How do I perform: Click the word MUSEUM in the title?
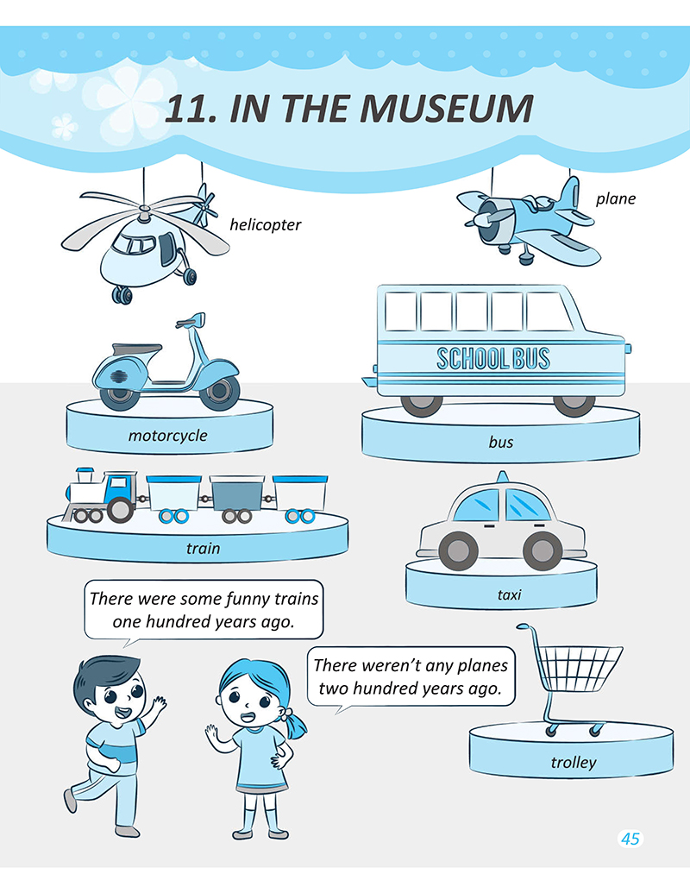[x=447, y=108]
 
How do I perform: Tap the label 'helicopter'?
[x=266, y=225]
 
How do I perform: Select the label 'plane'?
[x=616, y=198]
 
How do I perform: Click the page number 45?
[x=630, y=839]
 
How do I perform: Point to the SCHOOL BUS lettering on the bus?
[x=493, y=358]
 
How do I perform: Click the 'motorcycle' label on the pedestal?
[x=167, y=436]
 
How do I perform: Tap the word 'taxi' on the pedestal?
[x=509, y=594]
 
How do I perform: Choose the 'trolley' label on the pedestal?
[x=574, y=762]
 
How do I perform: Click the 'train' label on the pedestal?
[x=203, y=548]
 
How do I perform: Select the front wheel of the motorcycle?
[x=220, y=392]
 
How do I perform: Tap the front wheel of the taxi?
[x=458, y=550]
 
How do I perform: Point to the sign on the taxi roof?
[x=502, y=476]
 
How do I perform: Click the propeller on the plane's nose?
[x=487, y=218]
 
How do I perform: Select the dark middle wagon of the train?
[x=237, y=493]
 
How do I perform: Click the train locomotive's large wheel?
[x=120, y=510]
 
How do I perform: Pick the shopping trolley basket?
[x=580, y=668]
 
